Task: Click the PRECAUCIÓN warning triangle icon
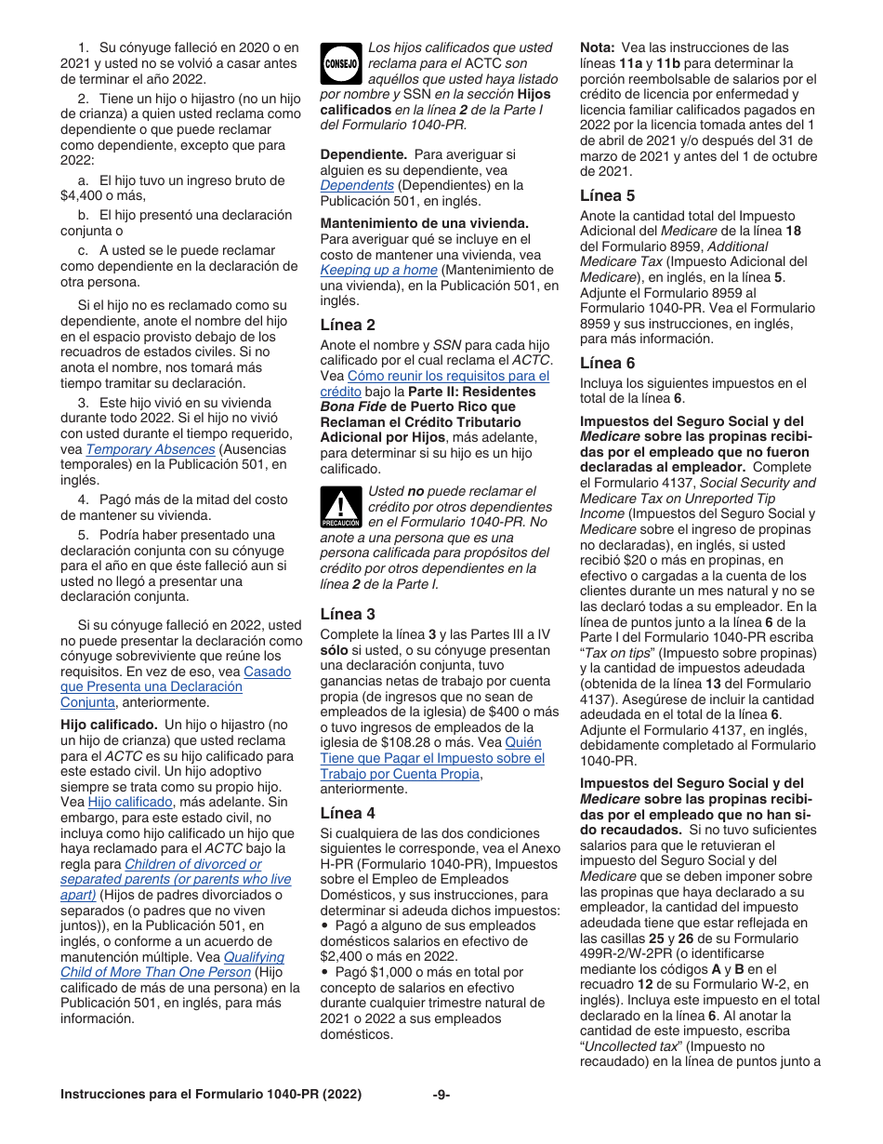pyautogui.click(x=340, y=508)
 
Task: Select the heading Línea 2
pyautogui.click(x=348, y=325)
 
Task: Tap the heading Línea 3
pyautogui.click(x=348, y=614)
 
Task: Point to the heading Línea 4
pyautogui.click(x=348, y=812)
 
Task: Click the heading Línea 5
pyautogui.click(x=608, y=195)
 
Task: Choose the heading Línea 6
pyautogui.click(x=608, y=363)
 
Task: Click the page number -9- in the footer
pyautogui.click(x=441, y=1095)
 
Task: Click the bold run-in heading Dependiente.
pyautogui.click(x=363, y=154)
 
